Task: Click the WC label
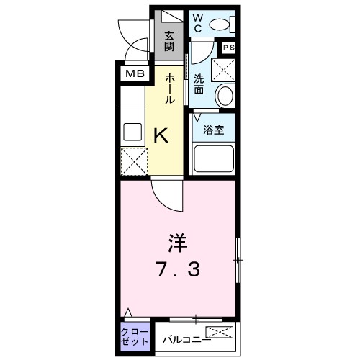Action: [197, 24]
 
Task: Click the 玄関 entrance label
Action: [168, 41]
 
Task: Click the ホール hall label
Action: [171, 89]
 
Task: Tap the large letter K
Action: [162, 134]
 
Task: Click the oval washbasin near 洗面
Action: [224, 95]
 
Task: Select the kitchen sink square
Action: [132, 132]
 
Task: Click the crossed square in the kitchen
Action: [132, 160]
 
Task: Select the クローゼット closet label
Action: [135, 336]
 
